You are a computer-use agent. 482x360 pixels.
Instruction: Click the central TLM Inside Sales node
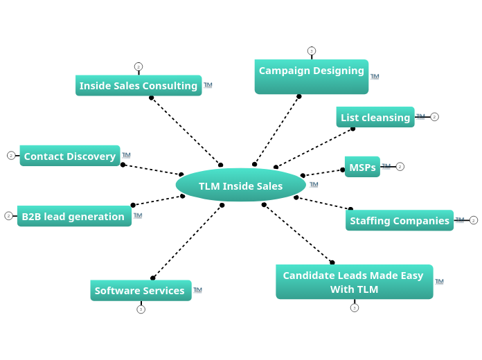click(x=240, y=186)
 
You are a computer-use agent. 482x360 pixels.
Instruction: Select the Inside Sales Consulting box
click(x=139, y=86)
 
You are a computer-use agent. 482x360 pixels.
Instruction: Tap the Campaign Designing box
click(x=311, y=76)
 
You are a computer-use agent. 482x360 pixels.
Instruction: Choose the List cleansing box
click(x=375, y=117)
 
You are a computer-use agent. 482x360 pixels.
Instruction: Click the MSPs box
click(x=362, y=167)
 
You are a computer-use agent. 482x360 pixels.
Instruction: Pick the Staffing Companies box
click(x=400, y=220)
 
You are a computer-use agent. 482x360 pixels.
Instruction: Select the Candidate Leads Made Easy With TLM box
click(x=354, y=282)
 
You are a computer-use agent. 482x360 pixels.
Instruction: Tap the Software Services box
click(x=140, y=290)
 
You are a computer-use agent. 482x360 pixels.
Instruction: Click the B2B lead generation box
click(x=73, y=216)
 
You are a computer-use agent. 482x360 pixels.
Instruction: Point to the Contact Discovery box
click(x=70, y=156)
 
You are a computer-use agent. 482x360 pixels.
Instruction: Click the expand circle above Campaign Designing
click(x=312, y=51)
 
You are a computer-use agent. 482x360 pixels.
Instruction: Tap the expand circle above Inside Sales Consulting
click(x=139, y=66)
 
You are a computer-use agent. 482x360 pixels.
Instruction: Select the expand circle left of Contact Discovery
click(x=11, y=156)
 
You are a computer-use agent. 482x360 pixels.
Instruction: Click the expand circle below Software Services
click(x=141, y=309)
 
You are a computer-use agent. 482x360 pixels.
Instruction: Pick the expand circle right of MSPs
click(x=400, y=167)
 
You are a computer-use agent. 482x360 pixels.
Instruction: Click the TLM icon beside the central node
click(x=314, y=184)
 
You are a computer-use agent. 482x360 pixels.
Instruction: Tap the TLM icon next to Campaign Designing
click(x=375, y=76)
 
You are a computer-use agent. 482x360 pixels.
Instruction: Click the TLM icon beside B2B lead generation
click(x=138, y=215)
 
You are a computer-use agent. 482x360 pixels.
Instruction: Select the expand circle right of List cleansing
click(x=434, y=117)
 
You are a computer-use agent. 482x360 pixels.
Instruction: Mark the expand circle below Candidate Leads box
click(x=355, y=308)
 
